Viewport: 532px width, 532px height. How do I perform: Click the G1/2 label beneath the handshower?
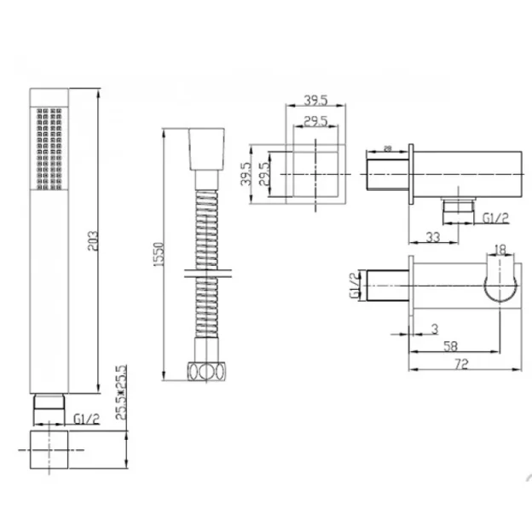tap(87, 419)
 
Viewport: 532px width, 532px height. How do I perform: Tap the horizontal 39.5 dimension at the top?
tap(316, 101)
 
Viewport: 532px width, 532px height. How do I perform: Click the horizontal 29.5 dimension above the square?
tap(317, 122)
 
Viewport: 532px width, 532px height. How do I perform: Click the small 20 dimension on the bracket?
tap(388, 149)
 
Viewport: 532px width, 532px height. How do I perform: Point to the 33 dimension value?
tap(433, 239)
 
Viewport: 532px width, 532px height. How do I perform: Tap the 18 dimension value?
tap(500, 249)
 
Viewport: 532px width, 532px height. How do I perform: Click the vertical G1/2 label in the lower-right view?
tap(353, 284)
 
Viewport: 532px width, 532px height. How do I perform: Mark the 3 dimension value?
tap(436, 328)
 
